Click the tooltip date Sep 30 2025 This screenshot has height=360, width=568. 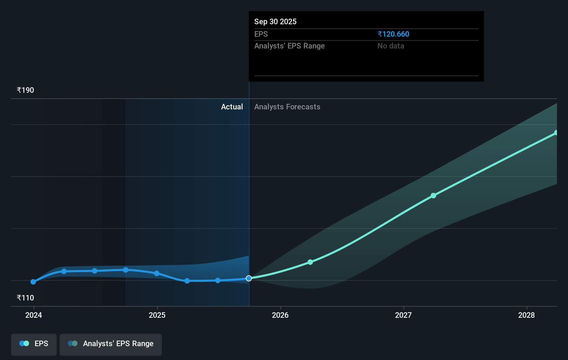[x=275, y=21]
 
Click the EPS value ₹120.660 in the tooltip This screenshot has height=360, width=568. [x=393, y=34]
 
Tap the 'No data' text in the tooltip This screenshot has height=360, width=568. [x=391, y=46]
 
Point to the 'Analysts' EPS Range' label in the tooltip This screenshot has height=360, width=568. [x=289, y=46]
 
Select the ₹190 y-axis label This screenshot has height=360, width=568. [x=25, y=90]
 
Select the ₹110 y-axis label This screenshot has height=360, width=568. [x=25, y=298]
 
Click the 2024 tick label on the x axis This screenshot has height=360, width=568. [x=34, y=315]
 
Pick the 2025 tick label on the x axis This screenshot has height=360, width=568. [x=157, y=315]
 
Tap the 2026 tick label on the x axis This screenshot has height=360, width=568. [x=280, y=315]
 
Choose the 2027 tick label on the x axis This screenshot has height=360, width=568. [x=403, y=315]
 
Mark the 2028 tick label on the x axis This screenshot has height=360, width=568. [x=526, y=315]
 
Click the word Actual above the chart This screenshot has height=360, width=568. [x=232, y=107]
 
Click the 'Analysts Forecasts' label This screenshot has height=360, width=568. [x=287, y=107]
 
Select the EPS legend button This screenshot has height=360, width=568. [x=34, y=344]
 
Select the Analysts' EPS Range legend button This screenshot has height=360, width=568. [x=111, y=344]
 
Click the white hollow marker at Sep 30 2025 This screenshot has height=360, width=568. [x=249, y=278]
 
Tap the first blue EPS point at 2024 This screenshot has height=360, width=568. [x=33, y=282]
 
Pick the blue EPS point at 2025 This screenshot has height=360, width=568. [x=157, y=273]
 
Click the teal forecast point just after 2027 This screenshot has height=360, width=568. [x=433, y=196]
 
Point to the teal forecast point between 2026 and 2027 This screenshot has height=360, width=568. [x=310, y=262]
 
